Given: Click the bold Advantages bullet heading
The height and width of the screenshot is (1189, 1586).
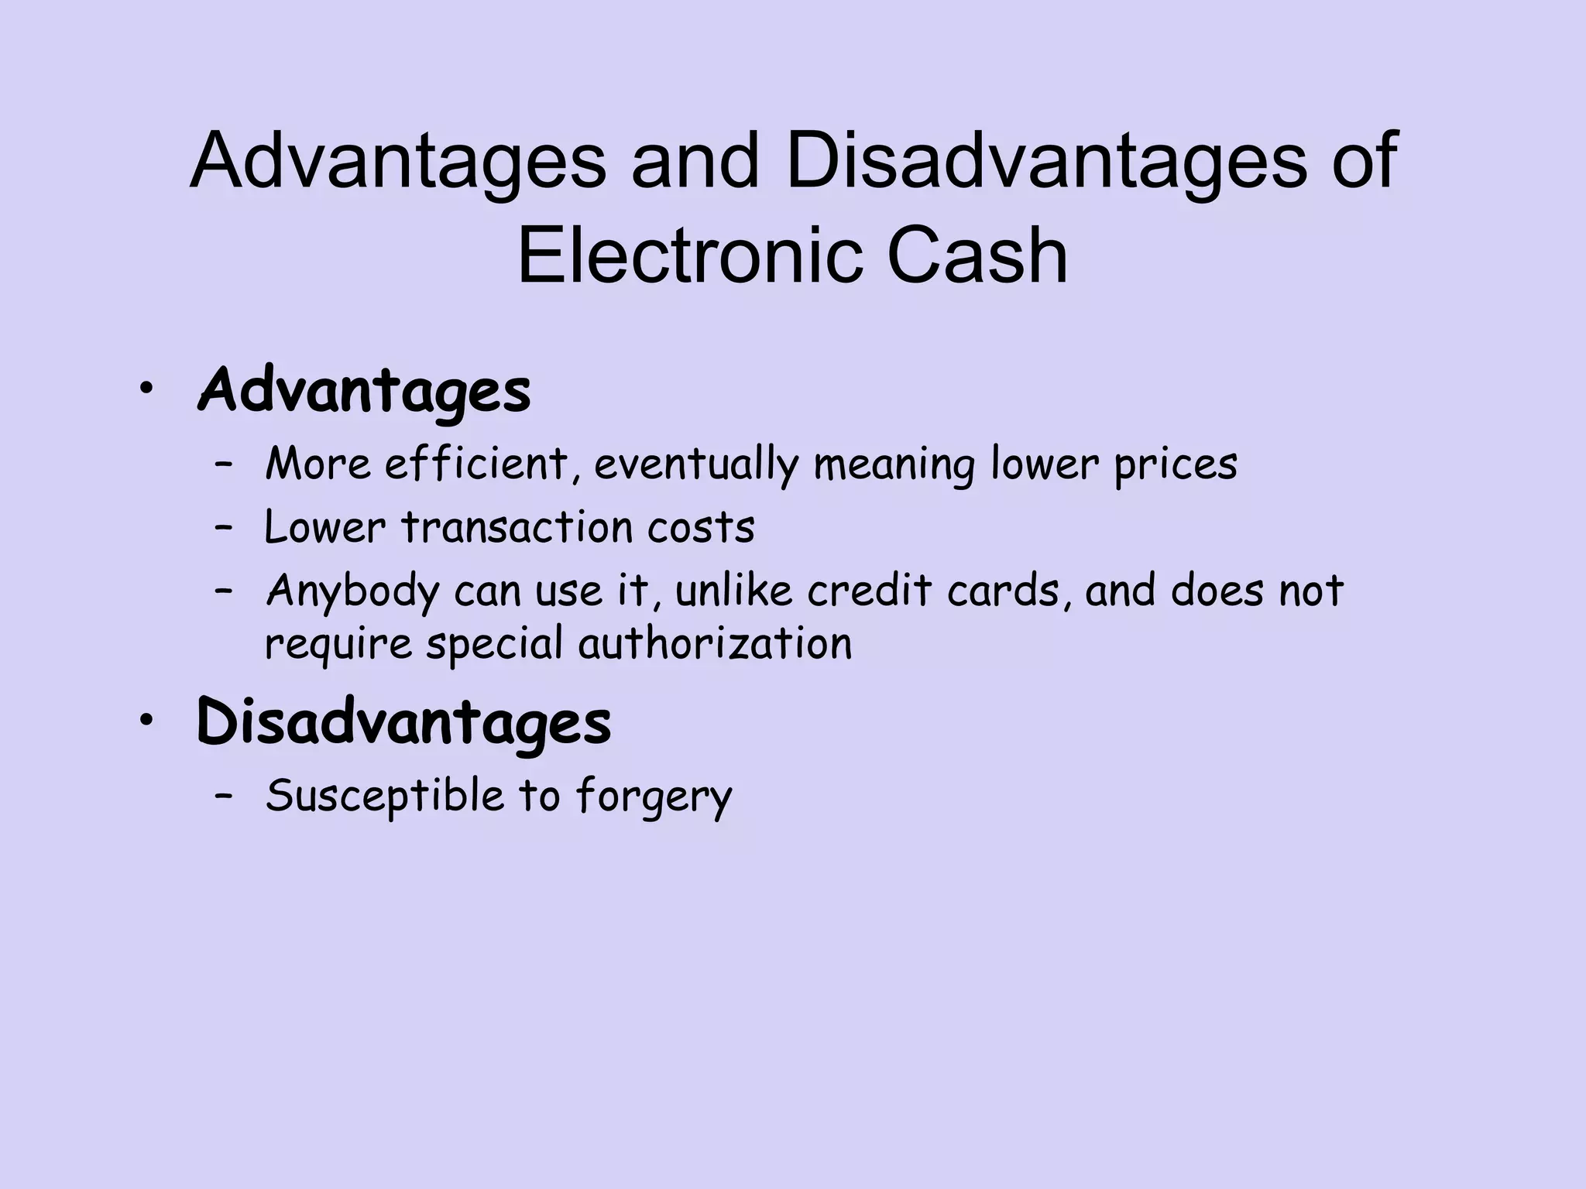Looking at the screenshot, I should [365, 391].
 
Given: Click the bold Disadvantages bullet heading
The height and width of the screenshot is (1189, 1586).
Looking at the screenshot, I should [403, 722].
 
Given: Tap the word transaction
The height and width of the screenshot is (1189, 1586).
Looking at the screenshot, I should [517, 528].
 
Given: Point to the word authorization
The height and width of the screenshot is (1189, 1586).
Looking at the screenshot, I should [715, 644].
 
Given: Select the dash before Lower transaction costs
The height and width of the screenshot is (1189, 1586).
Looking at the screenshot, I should [225, 528].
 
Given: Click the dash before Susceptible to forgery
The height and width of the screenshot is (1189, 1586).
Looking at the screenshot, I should [225, 796].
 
